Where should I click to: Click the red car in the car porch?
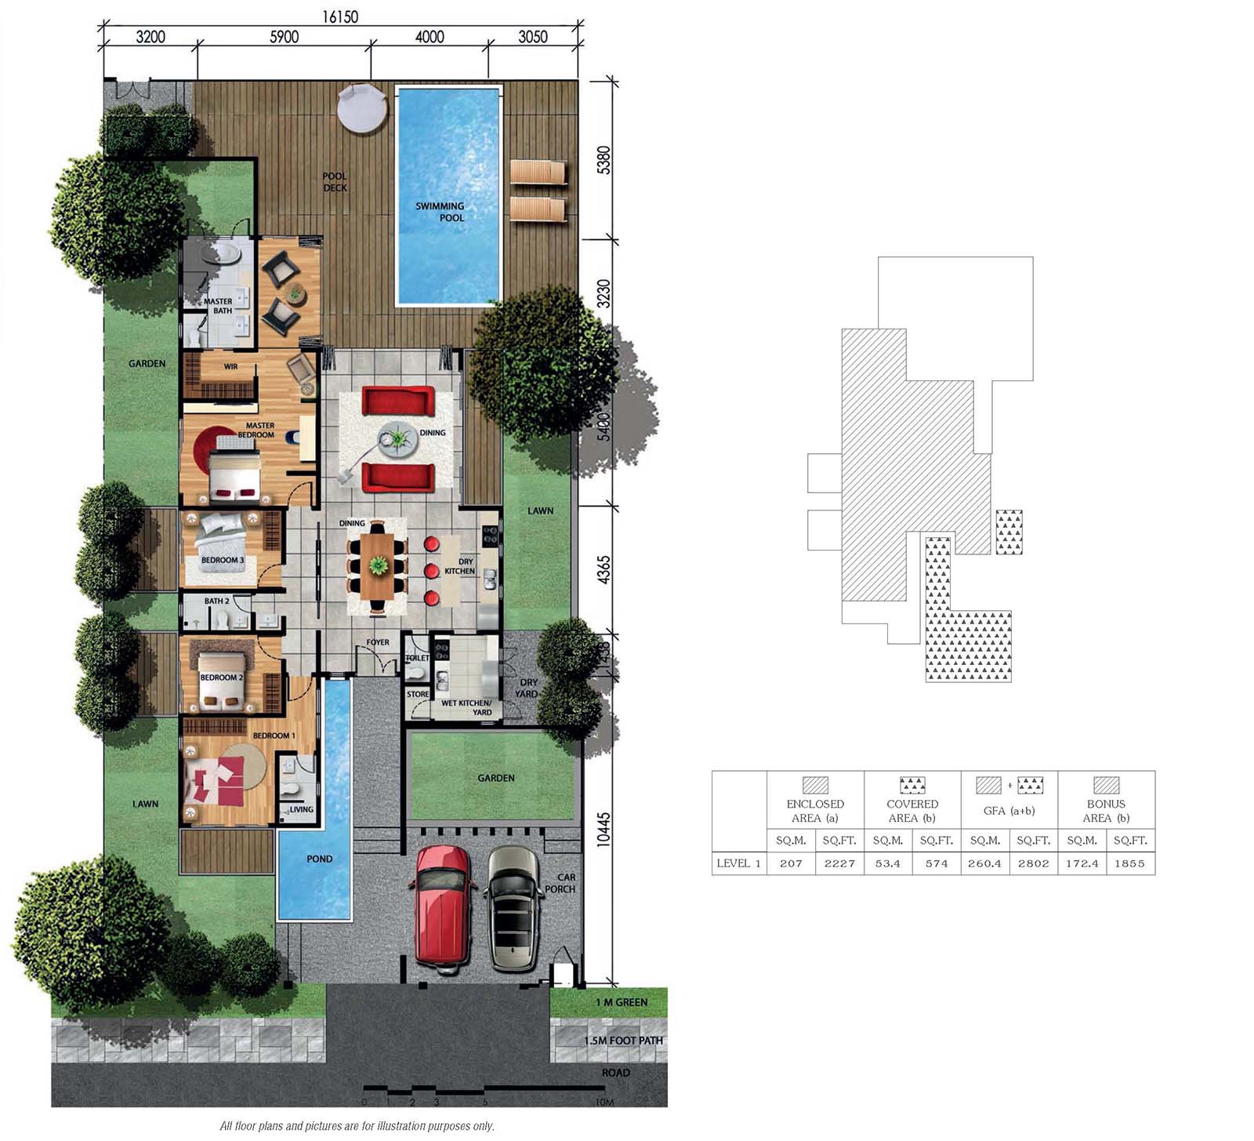[x=442, y=909]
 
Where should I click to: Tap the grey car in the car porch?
[x=515, y=909]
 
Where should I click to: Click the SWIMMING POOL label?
[x=440, y=212]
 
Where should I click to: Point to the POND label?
[x=320, y=859]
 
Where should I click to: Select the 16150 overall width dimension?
[x=340, y=16]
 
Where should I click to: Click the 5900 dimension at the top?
[x=284, y=37]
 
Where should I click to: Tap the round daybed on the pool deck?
[x=362, y=109]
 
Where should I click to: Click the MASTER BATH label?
[x=218, y=306]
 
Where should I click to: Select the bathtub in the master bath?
[x=219, y=254]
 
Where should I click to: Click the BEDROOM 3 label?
[x=223, y=560]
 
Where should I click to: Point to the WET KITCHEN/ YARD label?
[x=466, y=707]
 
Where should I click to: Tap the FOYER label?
[x=378, y=642]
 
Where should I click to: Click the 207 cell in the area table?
[x=791, y=863]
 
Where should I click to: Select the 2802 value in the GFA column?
[x=1033, y=863]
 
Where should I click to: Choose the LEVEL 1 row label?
[x=738, y=863]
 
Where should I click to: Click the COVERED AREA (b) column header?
[x=912, y=811]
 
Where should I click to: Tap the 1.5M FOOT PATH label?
[x=624, y=1041]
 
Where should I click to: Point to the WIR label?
[x=230, y=366]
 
